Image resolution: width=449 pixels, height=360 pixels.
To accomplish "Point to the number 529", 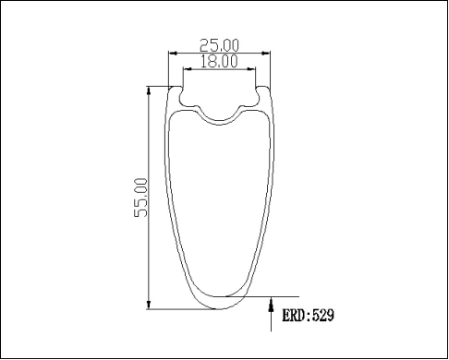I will (322, 316).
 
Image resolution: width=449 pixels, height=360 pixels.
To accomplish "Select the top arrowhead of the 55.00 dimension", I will (150, 92).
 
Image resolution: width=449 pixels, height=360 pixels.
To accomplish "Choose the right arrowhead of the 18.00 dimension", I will (255, 70).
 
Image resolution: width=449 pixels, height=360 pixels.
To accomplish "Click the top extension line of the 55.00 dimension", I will (159, 88).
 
